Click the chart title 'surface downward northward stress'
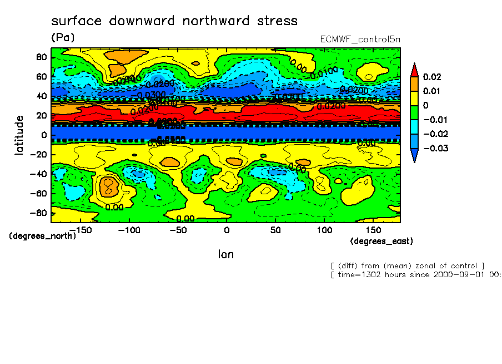pyautogui.click(x=174, y=21)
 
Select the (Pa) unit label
pyautogui.click(x=62, y=38)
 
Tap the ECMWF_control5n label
pyautogui.click(x=360, y=39)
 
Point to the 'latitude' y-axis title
pyautogui.click(x=19, y=135)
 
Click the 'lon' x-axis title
pyautogui.click(x=226, y=254)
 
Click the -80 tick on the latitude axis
pyautogui.click(x=39, y=213)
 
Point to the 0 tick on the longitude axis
pyautogui.click(x=227, y=230)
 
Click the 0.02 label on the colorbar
pyautogui.click(x=432, y=76)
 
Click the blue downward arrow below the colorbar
pyautogui.click(x=414, y=155)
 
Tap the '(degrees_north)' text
pyautogui.click(x=42, y=235)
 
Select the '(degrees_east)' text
pyautogui.click(x=381, y=241)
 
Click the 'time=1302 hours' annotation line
pyautogui.click(x=415, y=274)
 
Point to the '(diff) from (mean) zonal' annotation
pyautogui.click(x=408, y=265)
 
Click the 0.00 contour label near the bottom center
pyautogui.click(x=185, y=219)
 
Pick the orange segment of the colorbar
pyautogui.click(x=414, y=83)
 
